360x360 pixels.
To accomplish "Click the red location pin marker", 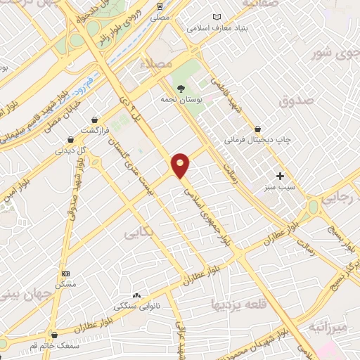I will tap(181, 165).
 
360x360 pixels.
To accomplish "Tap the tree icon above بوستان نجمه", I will tap(181, 89).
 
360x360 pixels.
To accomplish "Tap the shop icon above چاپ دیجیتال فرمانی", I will tap(258, 129).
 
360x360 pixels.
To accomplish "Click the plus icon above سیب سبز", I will tap(281, 176).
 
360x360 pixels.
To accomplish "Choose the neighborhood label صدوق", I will tap(293, 102).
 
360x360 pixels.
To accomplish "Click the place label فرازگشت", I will tap(94, 131).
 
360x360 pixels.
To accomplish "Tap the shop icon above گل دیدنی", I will tap(70, 139).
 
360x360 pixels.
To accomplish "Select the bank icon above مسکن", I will tap(66, 274).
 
